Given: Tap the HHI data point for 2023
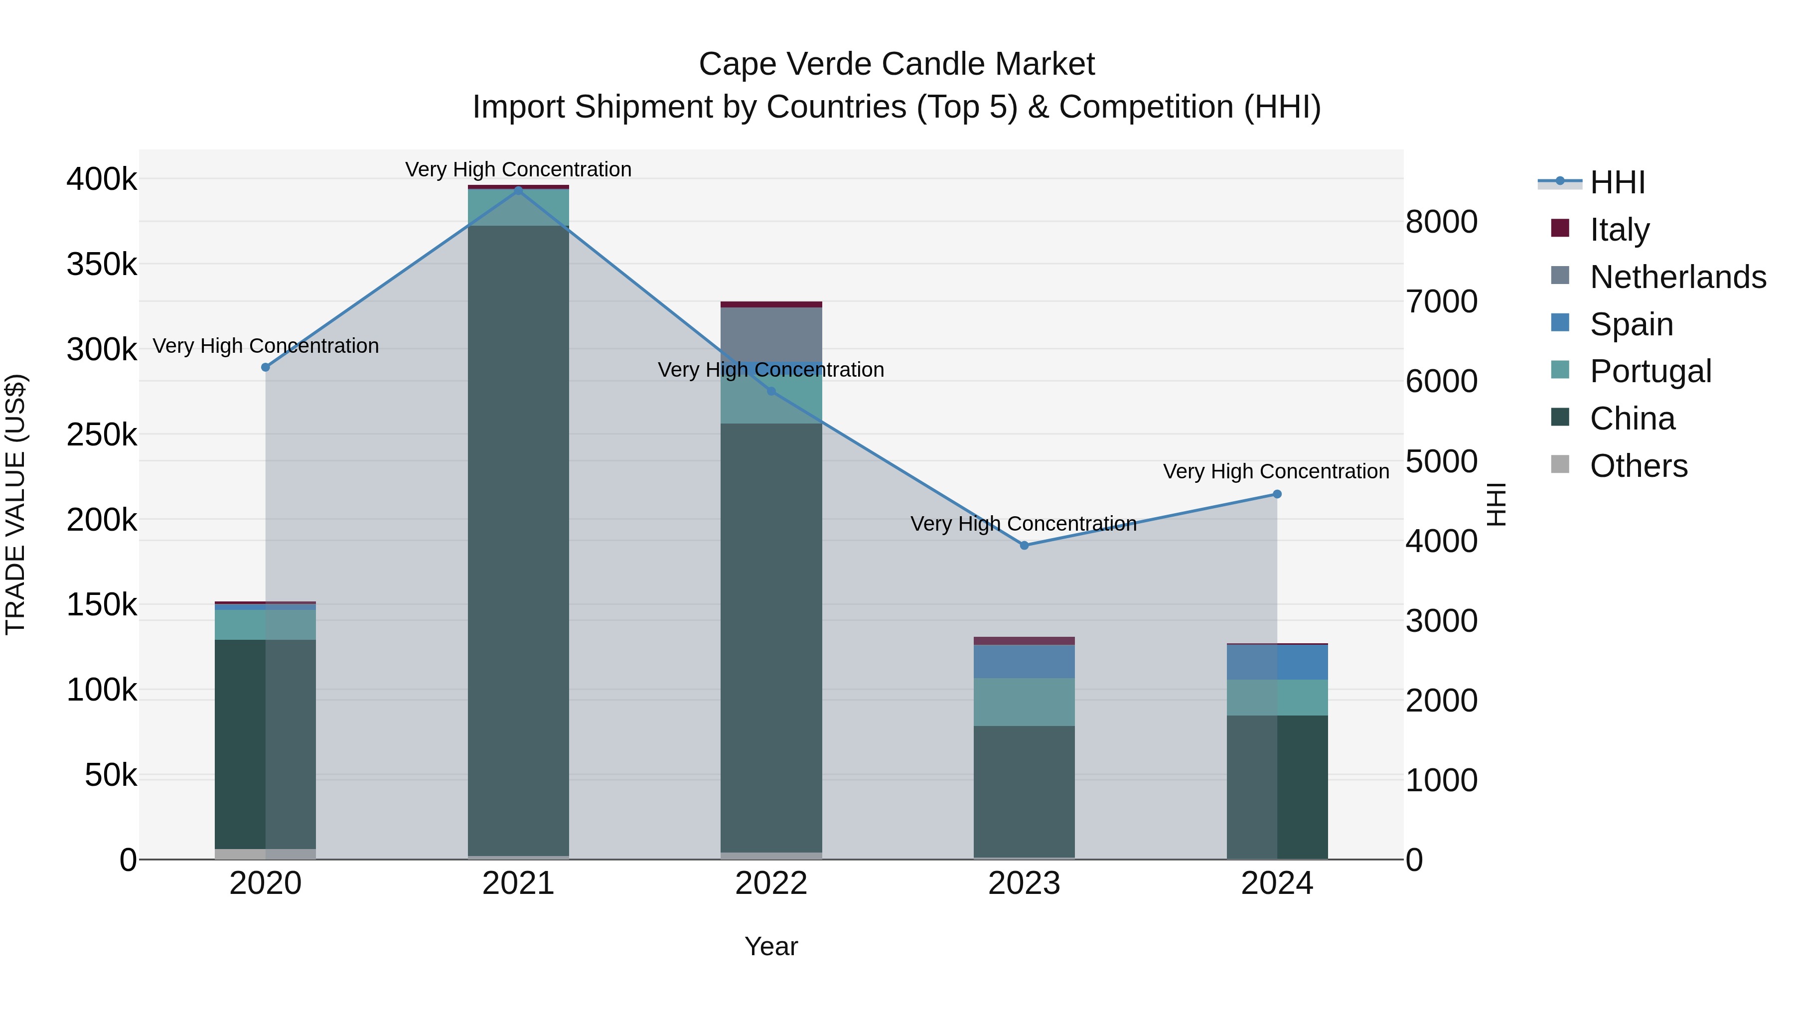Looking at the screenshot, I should click(x=1024, y=545).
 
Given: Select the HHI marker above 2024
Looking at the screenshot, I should click(x=1277, y=494).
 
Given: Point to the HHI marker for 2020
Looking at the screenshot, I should click(x=265, y=367).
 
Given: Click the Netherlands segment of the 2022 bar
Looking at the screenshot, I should click(x=771, y=334).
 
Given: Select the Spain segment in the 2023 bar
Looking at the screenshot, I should click(x=1024, y=662).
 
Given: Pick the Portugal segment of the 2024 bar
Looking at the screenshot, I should click(x=1277, y=697).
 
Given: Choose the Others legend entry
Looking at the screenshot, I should click(x=1638, y=465).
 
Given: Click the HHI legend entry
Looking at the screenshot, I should click(x=1617, y=182).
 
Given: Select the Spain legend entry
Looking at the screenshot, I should click(x=1631, y=324).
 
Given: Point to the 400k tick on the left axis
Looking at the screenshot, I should click(x=102, y=180).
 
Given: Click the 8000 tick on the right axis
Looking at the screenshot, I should click(x=1441, y=222).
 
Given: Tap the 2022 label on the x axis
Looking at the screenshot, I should click(x=771, y=883).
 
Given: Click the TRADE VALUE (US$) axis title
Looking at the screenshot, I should click(x=16, y=504).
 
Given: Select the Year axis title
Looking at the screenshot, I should click(x=771, y=946).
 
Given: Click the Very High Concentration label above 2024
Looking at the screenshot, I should click(x=1276, y=471).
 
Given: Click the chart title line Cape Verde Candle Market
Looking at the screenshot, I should click(x=897, y=64).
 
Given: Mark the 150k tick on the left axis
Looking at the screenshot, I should click(x=102, y=605).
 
